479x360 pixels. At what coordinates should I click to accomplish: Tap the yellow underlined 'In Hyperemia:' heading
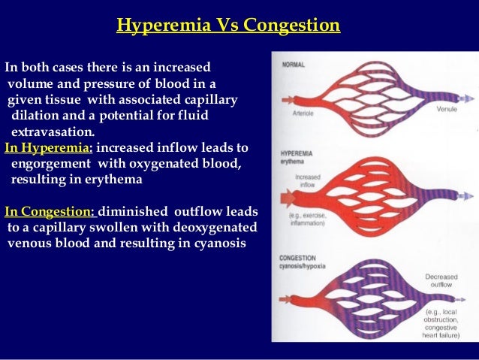[49, 147]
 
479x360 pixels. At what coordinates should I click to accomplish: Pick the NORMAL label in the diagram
[294, 65]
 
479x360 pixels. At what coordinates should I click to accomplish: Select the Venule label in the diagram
[447, 109]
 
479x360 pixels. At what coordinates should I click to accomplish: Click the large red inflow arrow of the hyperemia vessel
[288, 199]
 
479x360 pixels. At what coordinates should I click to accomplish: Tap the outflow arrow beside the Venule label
[465, 98]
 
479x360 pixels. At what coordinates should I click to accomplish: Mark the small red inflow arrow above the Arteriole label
[286, 99]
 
